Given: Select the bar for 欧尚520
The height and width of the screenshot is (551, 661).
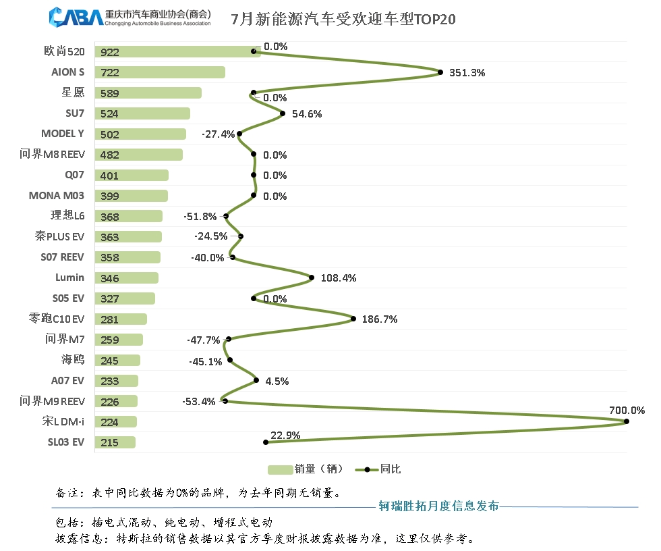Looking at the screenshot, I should pos(177,52).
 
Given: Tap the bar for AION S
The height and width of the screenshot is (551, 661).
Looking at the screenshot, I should pos(160,72).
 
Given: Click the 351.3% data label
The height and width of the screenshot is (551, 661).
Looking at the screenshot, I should pos(467,73).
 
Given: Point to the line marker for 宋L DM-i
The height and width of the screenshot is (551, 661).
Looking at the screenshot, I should pos(627,421).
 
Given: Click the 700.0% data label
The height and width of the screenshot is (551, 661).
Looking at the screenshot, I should pos(627,410).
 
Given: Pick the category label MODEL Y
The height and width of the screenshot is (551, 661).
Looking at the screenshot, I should pos(63,134).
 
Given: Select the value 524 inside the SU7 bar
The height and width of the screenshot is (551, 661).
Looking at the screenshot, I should pos(109,114).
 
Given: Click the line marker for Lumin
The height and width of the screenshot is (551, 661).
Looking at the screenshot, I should pos(311,277).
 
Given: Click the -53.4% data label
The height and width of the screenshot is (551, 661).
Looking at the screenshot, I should pos(198,402).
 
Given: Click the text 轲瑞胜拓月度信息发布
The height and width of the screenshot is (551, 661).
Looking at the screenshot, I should pos(438,506).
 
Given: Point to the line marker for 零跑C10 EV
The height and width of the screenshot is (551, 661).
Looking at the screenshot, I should pos(353,319).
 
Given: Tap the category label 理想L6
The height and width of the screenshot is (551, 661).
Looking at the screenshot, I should pos(67,216).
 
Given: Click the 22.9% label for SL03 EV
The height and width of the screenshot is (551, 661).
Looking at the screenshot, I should pos(285,436).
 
